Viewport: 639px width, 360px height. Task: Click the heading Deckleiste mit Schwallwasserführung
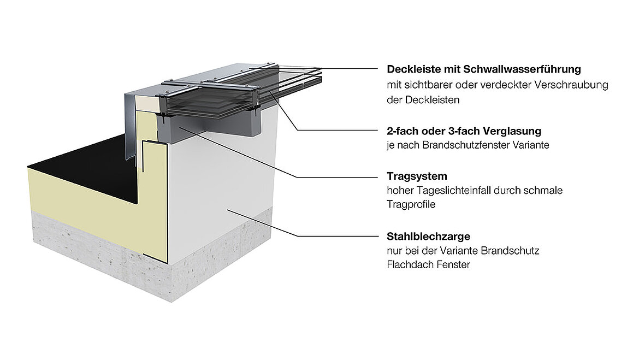(x=483, y=69)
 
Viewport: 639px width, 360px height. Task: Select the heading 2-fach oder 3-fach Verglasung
(x=464, y=131)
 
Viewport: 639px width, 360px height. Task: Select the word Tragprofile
(x=411, y=204)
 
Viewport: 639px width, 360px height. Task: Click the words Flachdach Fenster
(x=428, y=264)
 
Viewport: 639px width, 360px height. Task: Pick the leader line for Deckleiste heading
(x=350, y=69)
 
